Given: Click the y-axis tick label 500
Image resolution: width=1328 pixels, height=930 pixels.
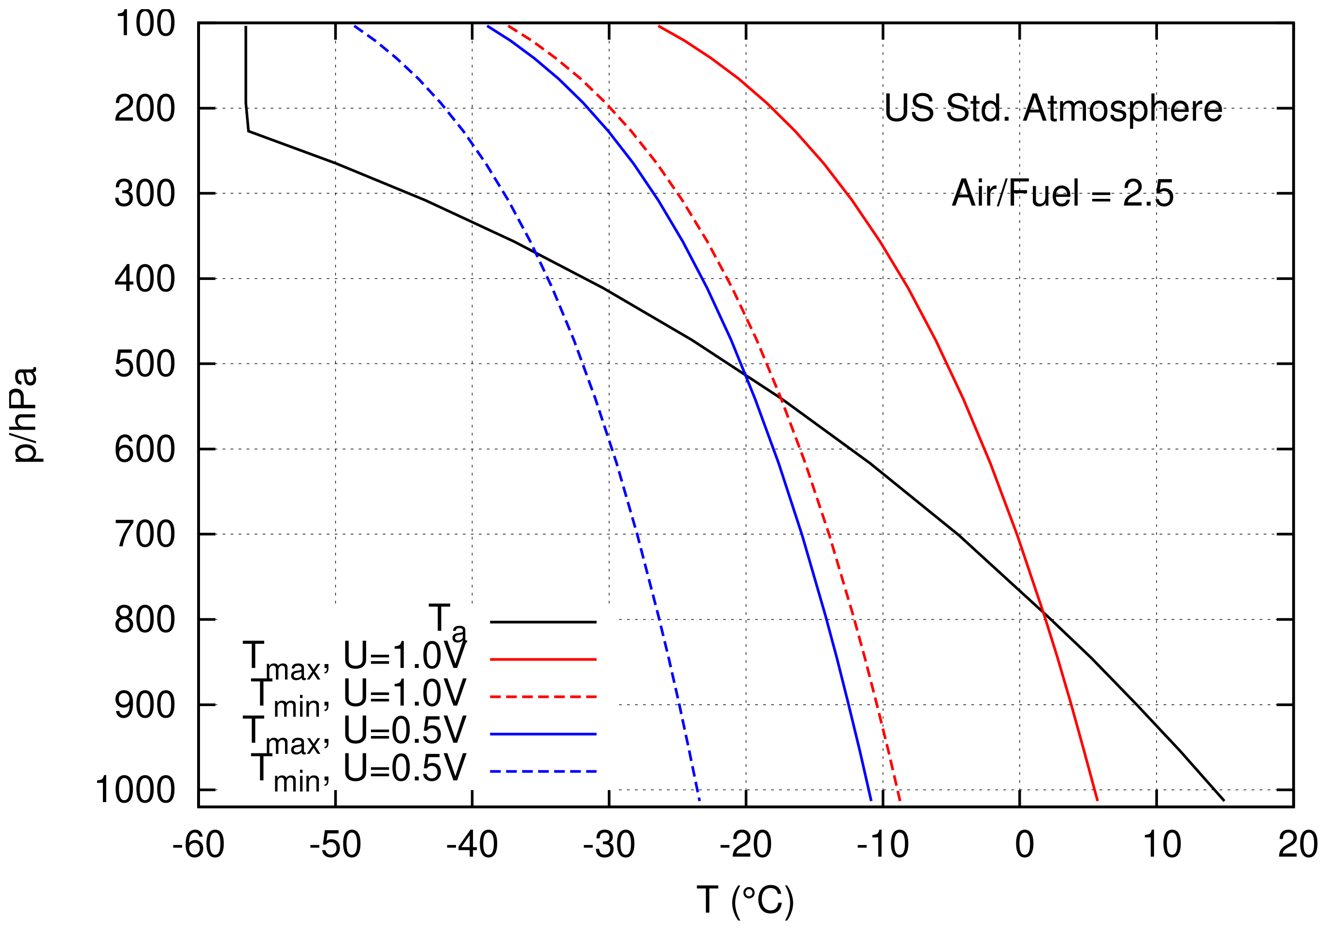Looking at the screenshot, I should coord(144,365).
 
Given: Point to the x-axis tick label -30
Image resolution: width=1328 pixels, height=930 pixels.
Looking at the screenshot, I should coord(609,845).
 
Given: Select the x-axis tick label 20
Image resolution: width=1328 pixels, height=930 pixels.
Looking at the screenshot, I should coord(1298,845).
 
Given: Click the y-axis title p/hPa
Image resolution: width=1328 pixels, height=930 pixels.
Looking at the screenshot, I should coord(26,414).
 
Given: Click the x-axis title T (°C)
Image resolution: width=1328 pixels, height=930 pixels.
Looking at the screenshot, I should coord(745,900).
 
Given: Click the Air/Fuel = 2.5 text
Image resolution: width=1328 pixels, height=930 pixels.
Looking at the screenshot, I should coord(1062,193).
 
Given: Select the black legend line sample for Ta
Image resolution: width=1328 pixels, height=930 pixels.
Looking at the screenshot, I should coord(543,622).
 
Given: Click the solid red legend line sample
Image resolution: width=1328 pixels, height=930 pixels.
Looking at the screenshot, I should coord(543,659).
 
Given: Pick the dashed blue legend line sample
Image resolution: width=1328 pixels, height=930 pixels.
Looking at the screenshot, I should coord(543,772).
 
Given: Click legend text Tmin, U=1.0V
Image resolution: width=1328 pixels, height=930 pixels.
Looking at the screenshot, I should coord(357,695).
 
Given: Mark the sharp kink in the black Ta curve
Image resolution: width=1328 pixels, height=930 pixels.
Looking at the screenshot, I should coord(249,131).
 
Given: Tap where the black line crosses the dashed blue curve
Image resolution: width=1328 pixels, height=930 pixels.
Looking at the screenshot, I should coord(536,252).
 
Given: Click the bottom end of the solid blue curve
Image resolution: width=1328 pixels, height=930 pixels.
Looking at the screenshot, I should coord(871,800).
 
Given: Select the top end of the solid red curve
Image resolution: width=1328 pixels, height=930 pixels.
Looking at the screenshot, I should coord(659,26).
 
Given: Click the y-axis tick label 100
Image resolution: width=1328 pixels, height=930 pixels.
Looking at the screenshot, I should coord(144,24).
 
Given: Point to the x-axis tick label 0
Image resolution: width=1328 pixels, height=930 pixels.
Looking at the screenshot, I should coord(1024,845).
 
